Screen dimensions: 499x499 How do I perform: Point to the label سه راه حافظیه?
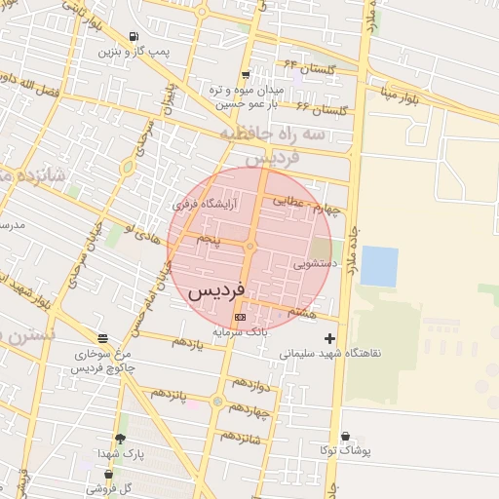point(272,134)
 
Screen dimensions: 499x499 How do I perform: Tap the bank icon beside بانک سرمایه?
point(240,317)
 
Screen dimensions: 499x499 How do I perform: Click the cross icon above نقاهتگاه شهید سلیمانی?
point(330,337)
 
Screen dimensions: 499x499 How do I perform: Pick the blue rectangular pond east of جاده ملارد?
point(379,266)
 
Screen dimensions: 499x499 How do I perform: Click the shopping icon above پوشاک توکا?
point(345,437)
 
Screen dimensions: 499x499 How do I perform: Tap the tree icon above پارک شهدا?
point(120,440)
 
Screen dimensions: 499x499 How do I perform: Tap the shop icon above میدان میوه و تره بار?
point(246,74)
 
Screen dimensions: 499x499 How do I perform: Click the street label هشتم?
point(303,312)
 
